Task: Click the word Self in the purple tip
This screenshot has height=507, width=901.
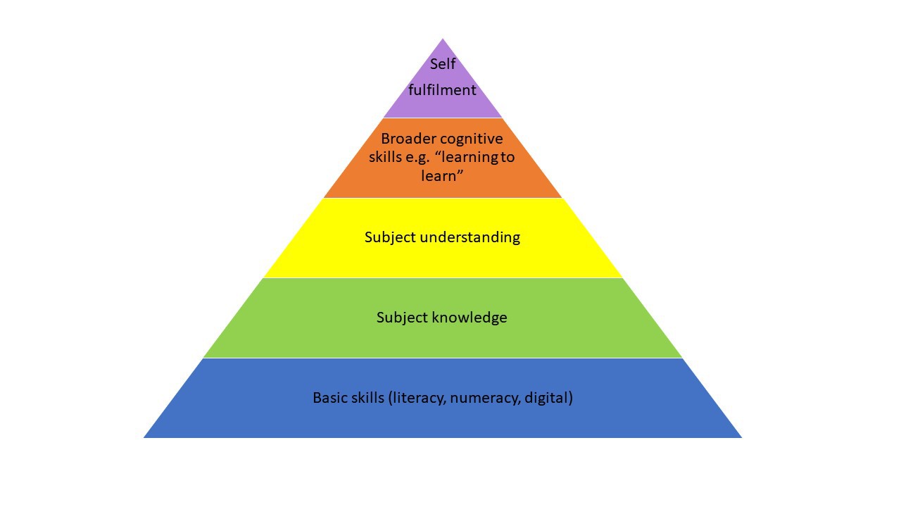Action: click(443, 64)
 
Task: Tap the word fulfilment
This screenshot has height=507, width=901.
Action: click(442, 90)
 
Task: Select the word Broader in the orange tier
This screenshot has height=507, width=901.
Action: click(406, 139)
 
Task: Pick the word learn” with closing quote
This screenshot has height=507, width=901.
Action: click(442, 176)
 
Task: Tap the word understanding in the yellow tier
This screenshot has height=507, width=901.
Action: click(470, 237)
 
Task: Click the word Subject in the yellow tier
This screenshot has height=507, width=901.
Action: click(390, 237)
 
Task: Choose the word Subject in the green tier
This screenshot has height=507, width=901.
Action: click(401, 318)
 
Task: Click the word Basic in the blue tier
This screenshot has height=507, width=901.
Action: click(331, 398)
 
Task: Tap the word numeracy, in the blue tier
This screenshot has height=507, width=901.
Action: click(485, 398)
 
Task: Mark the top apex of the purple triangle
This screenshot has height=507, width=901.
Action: click(443, 39)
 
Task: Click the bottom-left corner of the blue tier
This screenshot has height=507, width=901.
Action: click(144, 437)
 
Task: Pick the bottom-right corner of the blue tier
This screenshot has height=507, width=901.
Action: click(741, 437)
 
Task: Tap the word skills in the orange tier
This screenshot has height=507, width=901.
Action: click(384, 157)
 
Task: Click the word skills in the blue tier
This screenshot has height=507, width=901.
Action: click(368, 398)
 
